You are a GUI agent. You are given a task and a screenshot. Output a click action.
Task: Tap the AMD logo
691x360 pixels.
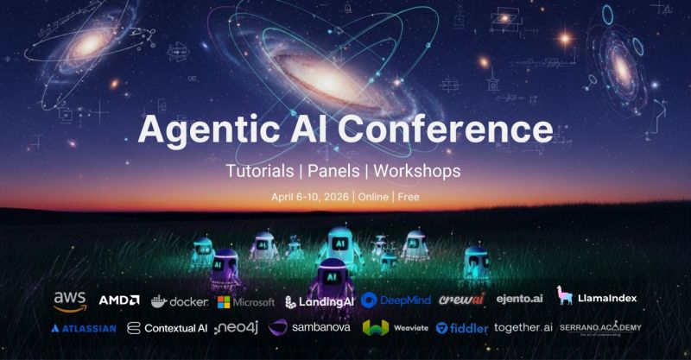coord(119,300)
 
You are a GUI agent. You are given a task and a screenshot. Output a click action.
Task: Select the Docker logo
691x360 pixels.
coord(179,300)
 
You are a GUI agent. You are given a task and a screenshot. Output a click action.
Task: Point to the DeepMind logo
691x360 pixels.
coord(396,300)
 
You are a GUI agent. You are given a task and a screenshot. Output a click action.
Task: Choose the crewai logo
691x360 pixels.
coord(461,300)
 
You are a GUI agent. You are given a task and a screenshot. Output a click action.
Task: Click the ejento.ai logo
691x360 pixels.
coord(518,300)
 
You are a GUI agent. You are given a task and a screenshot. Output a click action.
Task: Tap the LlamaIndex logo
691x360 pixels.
coord(597,298)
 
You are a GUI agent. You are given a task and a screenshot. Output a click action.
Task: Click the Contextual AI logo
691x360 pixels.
coord(167,328)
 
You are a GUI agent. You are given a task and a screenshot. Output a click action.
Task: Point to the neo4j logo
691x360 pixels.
coord(236,328)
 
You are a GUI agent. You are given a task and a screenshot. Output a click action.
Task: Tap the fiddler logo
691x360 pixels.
coord(462,328)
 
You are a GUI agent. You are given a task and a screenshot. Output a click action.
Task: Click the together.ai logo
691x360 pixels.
coord(524,328)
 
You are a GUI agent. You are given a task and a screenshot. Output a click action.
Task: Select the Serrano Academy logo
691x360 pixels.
coord(599,329)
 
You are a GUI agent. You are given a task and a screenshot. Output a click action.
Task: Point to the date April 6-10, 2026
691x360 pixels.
coord(309,196)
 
